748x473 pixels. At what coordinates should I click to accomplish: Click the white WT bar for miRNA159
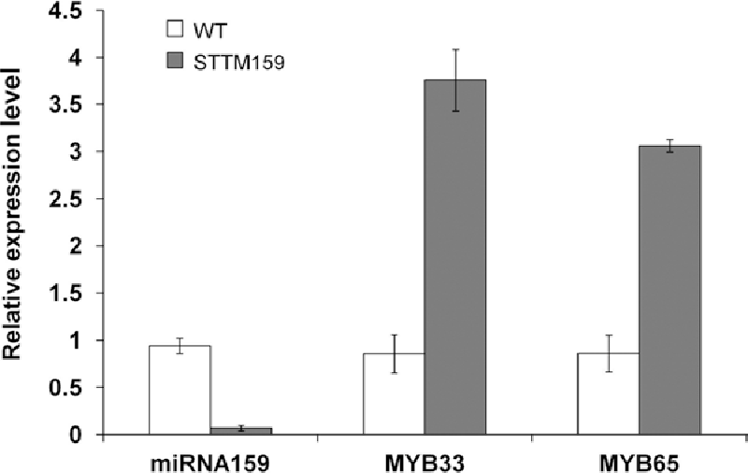pyautogui.click(x=180, y=390)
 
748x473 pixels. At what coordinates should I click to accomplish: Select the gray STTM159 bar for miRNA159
pyautogui.click(x=240, y=431)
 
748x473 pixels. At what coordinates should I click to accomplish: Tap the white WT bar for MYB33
pyautogui.click(x=394, y=394)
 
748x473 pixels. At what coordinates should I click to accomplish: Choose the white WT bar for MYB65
pyautogui.click(x=609, y=394)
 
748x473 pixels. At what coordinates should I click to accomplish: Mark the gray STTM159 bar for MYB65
pyautogui.click(x=669, y=290)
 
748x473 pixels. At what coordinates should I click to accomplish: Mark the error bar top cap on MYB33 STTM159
pyautogui.click(x=455, y=50)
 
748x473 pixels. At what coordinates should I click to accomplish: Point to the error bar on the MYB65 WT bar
pyautogui.click(x=609, y=352)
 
